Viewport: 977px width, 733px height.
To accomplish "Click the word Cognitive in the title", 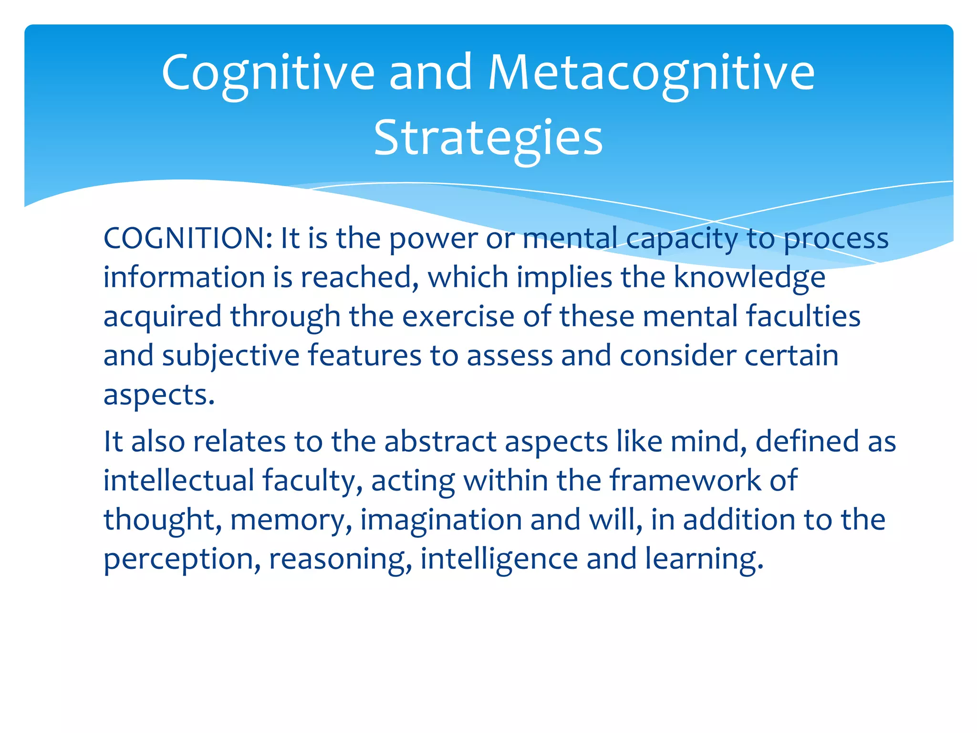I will coord(268,73).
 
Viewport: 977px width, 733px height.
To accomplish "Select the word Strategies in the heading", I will coord(488,138).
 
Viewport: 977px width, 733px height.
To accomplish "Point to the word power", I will coord(433,239).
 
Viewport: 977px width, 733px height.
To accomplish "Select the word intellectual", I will coord(179,481).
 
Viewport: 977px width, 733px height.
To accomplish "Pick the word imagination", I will coord(441,521).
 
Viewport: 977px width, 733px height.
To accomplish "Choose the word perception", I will coord(179,560).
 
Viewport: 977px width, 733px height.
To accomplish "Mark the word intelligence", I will coord(499,560).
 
